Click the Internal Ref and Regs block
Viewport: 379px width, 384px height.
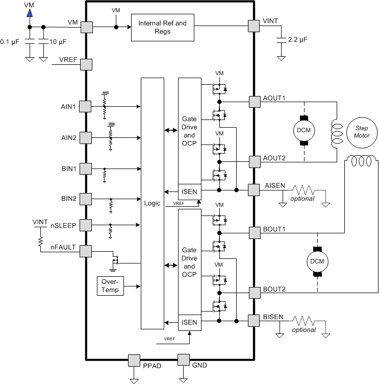(x=162, y=28)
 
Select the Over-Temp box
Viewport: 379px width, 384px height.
(x=110, y=286)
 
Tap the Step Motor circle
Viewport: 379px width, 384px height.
(x=362, y=132)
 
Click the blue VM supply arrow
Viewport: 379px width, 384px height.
(x=30, y=13)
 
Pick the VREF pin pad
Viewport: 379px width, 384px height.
(x=86, y=65)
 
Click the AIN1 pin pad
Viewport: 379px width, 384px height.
(x=85, y=107)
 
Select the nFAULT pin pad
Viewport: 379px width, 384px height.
(x=86, y=251)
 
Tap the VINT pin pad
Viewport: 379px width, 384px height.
(x=254, y=26)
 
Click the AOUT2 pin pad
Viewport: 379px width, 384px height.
(x=255, y=162)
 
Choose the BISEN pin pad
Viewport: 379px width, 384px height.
(x=254, y=321)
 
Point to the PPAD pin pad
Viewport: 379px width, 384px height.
(x=134, y=361)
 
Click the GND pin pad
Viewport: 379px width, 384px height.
(x=184, y=360)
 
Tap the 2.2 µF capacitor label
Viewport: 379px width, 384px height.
(x=297, y=39)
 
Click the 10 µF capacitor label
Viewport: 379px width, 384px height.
(x=58, y=42)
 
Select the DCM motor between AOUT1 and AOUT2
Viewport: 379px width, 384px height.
(x=304, y=131)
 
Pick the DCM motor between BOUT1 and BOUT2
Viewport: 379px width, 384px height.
(x=317, y=261)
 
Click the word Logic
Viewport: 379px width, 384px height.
(x=152, y=203)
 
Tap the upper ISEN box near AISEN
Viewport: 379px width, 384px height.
(x=190, y=192)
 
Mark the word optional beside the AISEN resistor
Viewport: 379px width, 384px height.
(x=302, y=199)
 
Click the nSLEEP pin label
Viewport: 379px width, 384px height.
(x=63, y=225)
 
